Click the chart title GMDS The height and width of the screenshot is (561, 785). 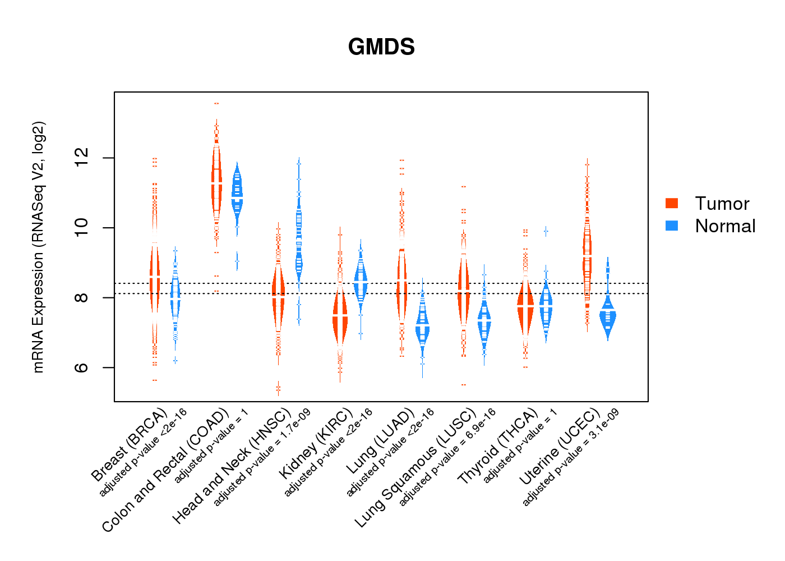381,47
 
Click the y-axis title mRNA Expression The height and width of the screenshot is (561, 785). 38,247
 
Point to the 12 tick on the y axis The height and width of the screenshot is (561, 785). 82,158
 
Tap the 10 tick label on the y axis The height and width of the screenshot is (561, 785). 82,228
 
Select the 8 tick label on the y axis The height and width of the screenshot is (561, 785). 82,297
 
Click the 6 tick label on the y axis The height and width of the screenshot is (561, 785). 82,367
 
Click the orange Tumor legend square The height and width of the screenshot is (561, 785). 671,203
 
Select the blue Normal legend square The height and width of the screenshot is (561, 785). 671,226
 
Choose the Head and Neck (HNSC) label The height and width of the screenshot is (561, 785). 232,466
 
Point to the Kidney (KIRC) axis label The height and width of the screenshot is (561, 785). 316,443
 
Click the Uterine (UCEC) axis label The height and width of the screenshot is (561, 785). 559,448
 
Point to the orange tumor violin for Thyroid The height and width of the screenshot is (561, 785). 525,309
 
